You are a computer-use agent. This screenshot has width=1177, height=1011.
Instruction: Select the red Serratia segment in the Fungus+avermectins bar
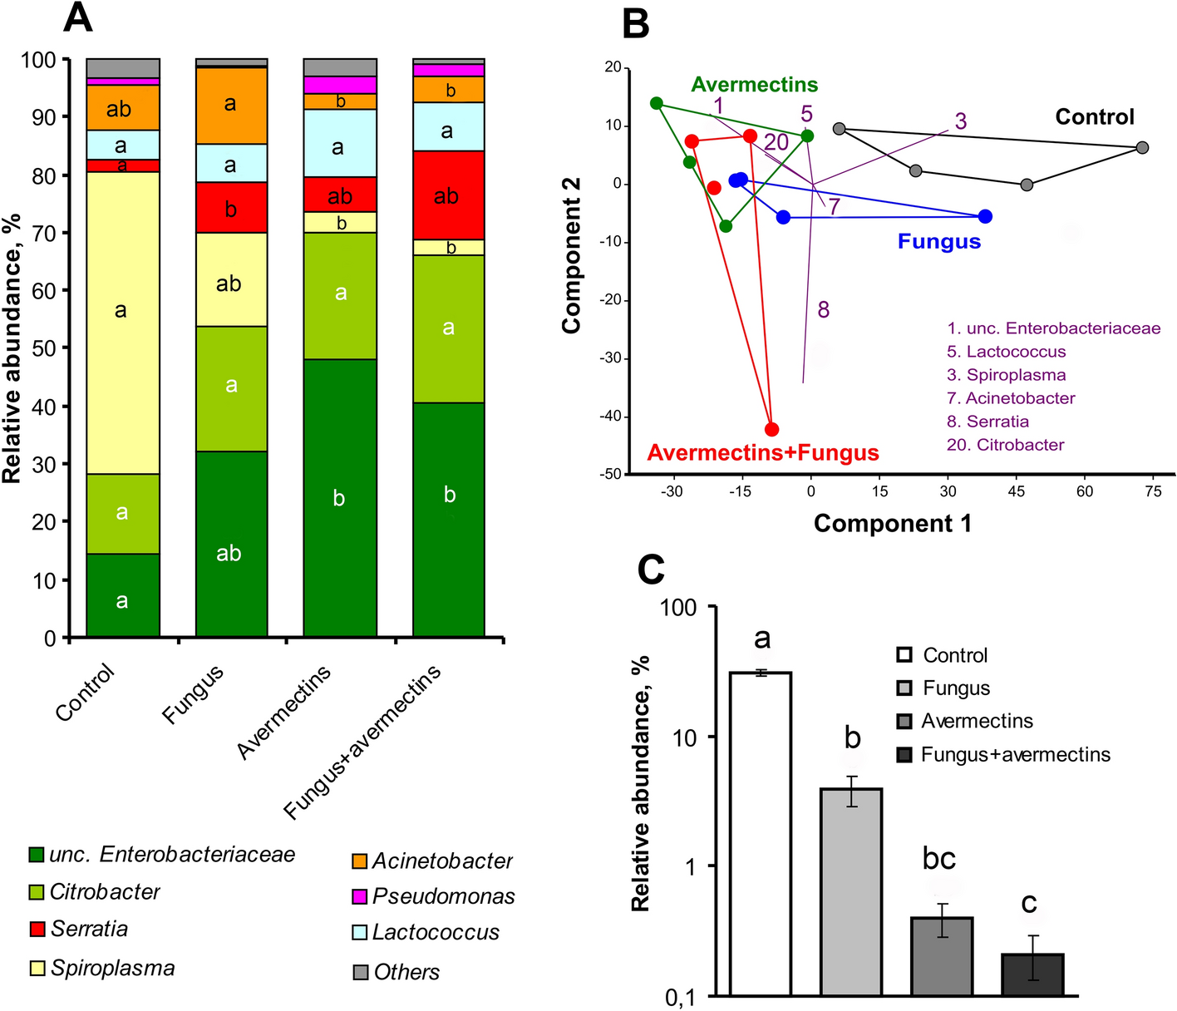tap(449, 195)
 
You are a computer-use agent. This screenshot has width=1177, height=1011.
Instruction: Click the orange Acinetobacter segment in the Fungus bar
tap(231, 105)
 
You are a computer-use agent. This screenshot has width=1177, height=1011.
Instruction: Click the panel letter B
tap(635, 23)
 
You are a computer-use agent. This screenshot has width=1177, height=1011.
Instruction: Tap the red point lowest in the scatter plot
tap(771, 429)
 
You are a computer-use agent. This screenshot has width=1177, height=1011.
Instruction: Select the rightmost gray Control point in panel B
tap(1142, 147)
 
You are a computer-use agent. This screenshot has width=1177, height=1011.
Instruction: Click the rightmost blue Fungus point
tap(985, 216)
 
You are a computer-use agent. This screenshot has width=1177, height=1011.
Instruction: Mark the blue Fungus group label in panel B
tap(938, 242)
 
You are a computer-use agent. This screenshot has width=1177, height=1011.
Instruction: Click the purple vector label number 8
tap(823, 310)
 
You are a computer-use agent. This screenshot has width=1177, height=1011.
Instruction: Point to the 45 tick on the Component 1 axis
tap(1016, 491)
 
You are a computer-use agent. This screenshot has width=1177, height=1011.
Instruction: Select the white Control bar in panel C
tap(760, 831)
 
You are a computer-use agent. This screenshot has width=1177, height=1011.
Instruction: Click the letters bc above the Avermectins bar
tap(938, 858)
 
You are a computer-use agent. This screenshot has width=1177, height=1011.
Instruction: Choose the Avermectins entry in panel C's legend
tap(976, 721)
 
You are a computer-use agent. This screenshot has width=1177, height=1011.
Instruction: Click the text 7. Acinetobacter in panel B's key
tap(1011, 398)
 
